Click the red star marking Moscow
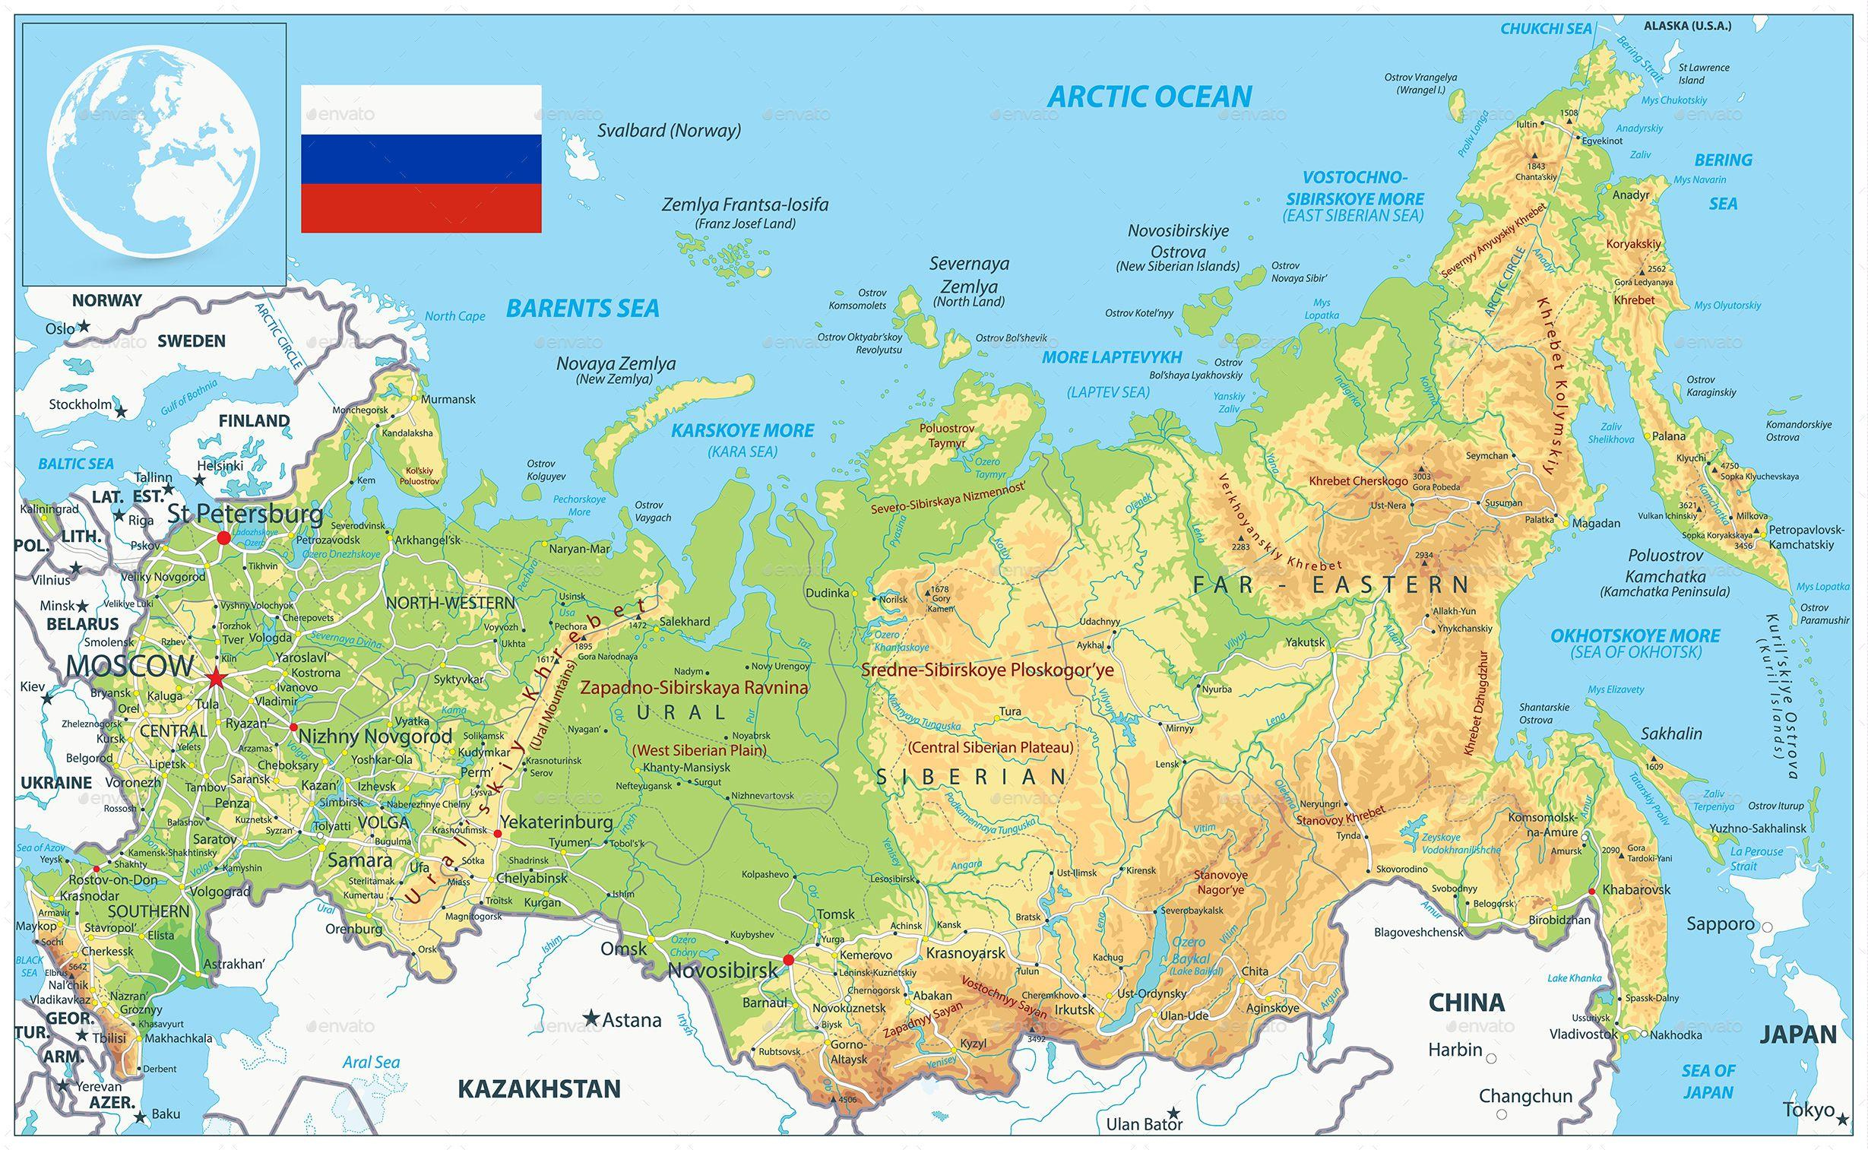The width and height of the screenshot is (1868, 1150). (x=216, y=677)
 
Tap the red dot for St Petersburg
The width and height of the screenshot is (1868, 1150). (x=223, y=537)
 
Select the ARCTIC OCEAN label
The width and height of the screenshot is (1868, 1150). (x=1150, y=97)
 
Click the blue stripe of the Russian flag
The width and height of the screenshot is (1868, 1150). (x=421, y=159)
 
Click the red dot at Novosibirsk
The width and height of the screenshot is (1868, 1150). (x=788, y=960)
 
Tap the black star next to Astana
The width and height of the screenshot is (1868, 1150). (x=590, y=1017)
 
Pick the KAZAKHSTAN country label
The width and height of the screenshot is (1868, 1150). (x=539, y=1088)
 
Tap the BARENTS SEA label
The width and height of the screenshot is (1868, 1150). (x=582, y=308)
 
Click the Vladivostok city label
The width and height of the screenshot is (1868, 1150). (x=1584, y=1034)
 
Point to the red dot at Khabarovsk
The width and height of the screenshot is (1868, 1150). (x=1592, y=891)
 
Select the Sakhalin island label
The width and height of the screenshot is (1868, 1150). (x=1671, y=733)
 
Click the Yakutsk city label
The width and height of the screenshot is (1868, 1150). (x=1305, y=642)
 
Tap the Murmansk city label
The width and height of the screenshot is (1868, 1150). (x=448, y=398)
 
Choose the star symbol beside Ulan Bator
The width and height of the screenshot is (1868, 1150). (x=1174, y=1113)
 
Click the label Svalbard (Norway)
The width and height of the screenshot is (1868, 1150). (x=669, y=130)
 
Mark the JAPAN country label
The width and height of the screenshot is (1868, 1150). (x=1798, y=1034)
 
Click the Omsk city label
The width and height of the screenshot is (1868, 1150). (x=623, y=949)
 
